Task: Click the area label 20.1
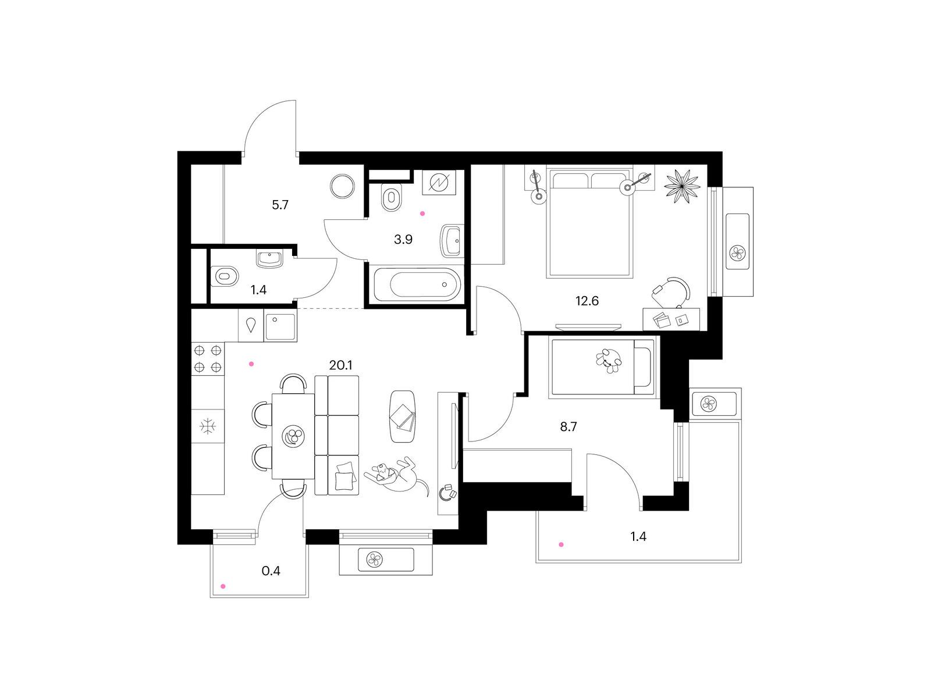pos(340,365)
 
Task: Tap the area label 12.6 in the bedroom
pos(587,301)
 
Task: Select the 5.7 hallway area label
pos(280,205)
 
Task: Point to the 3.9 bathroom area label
pos(403,240)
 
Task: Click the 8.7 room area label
pos(568,427)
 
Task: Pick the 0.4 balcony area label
pos(271,571)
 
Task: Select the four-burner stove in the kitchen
pos(208,358)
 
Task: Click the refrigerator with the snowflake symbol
pos(208,426)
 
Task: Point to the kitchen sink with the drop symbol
pos(251,325)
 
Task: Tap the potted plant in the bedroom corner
pos(682,183)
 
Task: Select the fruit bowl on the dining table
pos(293,435)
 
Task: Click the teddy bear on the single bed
pos(609,360)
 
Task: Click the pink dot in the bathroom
pos(422,214)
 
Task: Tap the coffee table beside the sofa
pos(403,416)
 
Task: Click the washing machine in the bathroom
pos(439,183)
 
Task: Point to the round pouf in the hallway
pos(343,187)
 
